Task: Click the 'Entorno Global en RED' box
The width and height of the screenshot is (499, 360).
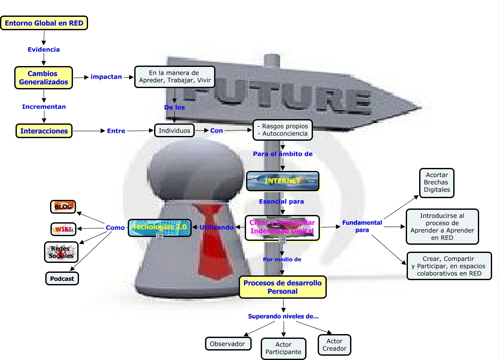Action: click(44, 23)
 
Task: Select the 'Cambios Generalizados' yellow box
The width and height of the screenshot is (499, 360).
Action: click(44, 78)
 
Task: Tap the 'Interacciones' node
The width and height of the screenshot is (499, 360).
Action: click(44, 131)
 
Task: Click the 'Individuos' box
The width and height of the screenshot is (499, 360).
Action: click(174, 130)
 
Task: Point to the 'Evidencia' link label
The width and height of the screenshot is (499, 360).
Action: click(44, 50)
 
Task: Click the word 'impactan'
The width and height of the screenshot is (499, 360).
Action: click(106, 77)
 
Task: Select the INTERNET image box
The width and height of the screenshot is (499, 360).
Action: click(282, 181)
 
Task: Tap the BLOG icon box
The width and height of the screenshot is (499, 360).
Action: click(63, 207)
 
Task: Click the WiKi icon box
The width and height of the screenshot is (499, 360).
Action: click(63, 229)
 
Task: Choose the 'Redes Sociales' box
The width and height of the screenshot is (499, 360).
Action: click(61, 252)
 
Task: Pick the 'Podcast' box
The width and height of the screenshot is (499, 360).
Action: click(62, 278)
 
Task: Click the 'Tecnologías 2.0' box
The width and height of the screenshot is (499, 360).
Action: click(160, 227)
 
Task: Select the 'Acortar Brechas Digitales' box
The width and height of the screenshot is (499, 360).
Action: click(437, 183)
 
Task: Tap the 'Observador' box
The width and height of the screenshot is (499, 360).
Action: click(227, 344)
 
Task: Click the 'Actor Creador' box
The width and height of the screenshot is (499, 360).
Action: click(335, 345)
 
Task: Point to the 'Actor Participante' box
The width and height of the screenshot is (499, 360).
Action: click(284, 348)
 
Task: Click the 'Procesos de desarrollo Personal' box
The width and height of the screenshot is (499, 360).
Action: click(283, 287)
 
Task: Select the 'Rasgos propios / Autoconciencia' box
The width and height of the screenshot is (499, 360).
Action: click(282, 130)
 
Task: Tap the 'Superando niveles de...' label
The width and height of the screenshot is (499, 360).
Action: click(283, 316)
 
